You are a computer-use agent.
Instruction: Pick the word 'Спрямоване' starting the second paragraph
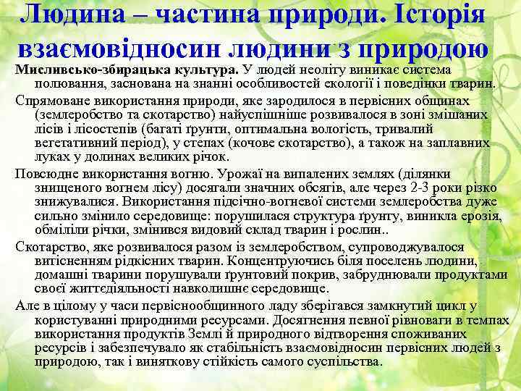(51, 100)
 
